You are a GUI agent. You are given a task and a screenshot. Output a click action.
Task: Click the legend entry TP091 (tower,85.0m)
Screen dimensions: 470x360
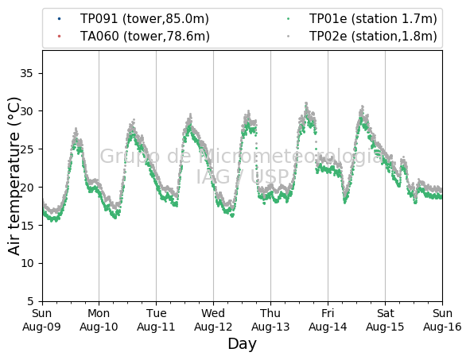144,19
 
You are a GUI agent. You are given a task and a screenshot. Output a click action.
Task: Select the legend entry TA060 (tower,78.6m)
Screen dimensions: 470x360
145,37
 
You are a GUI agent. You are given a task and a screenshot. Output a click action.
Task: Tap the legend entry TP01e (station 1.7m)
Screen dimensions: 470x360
373,19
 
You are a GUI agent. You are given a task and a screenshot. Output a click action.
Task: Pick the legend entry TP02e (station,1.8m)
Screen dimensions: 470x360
373,37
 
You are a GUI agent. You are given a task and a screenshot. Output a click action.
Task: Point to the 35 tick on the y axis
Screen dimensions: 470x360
26,73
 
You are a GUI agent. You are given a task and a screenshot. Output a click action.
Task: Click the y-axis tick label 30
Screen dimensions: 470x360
26,111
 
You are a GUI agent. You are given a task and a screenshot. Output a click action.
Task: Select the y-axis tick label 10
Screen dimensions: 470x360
26,263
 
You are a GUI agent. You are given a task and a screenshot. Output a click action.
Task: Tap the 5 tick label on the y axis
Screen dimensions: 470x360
30,301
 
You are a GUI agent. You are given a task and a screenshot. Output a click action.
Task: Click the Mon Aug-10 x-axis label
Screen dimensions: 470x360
99,319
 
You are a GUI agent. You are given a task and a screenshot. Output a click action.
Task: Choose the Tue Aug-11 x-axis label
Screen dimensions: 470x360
156,319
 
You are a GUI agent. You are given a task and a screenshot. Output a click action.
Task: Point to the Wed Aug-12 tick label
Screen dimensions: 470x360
213,319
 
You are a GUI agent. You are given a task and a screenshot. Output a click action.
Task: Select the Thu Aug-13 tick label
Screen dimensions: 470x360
270,319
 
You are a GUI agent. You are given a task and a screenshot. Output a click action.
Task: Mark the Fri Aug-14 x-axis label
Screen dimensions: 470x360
328,319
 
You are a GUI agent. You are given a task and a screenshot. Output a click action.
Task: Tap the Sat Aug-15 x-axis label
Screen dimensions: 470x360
385,319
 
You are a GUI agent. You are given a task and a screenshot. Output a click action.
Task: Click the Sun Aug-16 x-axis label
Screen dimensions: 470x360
442,319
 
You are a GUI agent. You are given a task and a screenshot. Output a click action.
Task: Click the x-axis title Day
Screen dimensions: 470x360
243,344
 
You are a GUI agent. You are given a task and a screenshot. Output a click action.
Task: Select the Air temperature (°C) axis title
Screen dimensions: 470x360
14,176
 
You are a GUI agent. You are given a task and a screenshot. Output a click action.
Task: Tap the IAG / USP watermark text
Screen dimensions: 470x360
243,176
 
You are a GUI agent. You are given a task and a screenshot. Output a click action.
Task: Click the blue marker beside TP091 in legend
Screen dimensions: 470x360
60,19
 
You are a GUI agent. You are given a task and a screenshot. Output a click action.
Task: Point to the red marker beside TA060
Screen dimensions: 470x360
60,37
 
